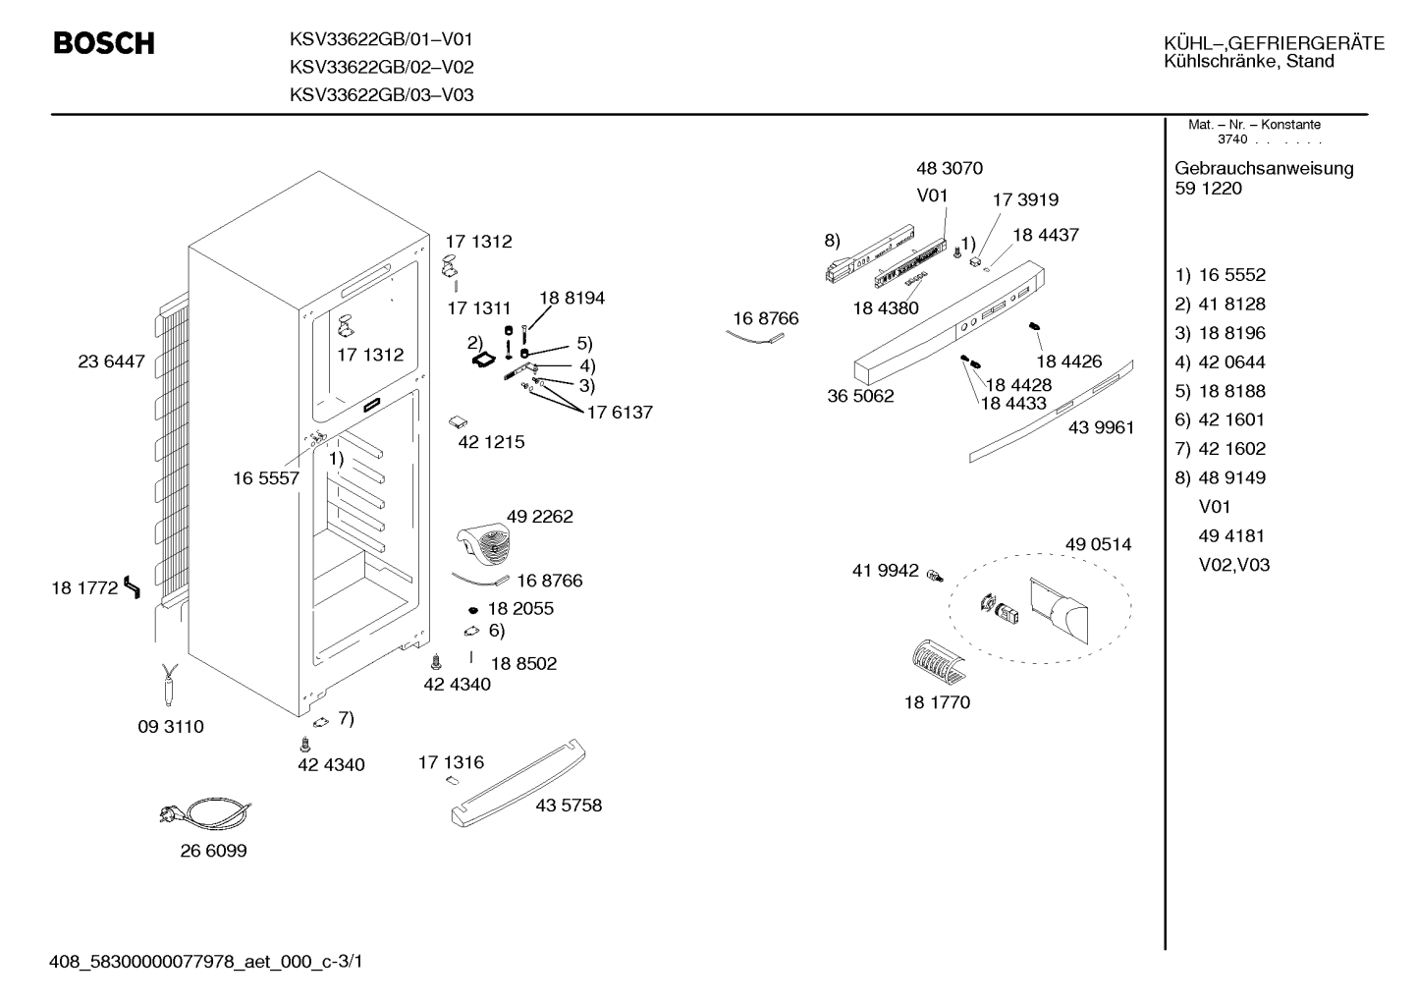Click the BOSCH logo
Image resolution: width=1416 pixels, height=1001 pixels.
tap(104, 43)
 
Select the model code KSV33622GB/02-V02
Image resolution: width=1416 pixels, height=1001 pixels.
tap(381, 67)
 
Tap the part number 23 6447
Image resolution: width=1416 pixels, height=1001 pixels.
tap(111, 361)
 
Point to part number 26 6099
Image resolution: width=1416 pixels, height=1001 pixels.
tap(214, 851)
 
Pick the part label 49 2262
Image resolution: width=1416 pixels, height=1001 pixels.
tap(540, 517)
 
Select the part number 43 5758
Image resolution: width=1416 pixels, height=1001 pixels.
tap(569, 805)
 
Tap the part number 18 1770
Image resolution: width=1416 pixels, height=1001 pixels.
tap(937, 702)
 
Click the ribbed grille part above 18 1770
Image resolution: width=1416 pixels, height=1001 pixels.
tap(939, 663)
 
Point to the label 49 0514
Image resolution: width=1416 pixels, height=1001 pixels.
tap(1099, 544)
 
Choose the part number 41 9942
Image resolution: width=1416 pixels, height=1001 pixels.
tap(885, 571)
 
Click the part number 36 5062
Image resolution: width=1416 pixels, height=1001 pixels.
tap(860, 396)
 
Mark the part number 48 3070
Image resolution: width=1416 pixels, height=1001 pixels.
tap(950, 168)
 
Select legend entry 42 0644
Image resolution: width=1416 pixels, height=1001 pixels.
tap(1232, 362)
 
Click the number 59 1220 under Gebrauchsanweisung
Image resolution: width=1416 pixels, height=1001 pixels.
tap(1208, 189)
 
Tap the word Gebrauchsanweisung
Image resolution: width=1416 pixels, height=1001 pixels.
tap(1265, 169)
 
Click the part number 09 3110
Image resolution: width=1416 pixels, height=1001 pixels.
tap(171, 727)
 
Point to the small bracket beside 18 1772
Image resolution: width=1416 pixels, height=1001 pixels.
tap(133, 587)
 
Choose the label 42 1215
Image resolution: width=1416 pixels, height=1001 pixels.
tap(491, 442)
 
